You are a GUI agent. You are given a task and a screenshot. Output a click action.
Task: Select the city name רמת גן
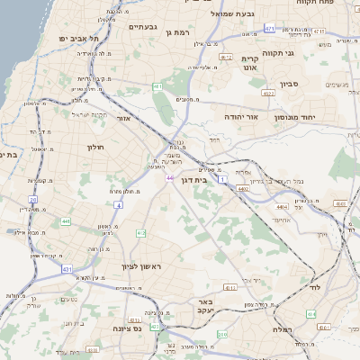[178, 32]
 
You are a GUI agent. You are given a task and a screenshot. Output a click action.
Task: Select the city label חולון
[97, 147]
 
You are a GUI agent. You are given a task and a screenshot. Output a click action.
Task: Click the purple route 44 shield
[170, 178]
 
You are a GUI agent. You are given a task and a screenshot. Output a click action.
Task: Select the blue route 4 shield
[118, 205]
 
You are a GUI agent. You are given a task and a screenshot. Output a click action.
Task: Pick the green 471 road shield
[270, 29]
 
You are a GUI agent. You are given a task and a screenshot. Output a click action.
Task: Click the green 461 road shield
[157, 87]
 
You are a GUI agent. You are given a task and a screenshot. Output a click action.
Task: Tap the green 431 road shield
[67, 269]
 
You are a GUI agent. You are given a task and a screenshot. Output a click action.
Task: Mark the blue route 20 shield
[33, 200]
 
